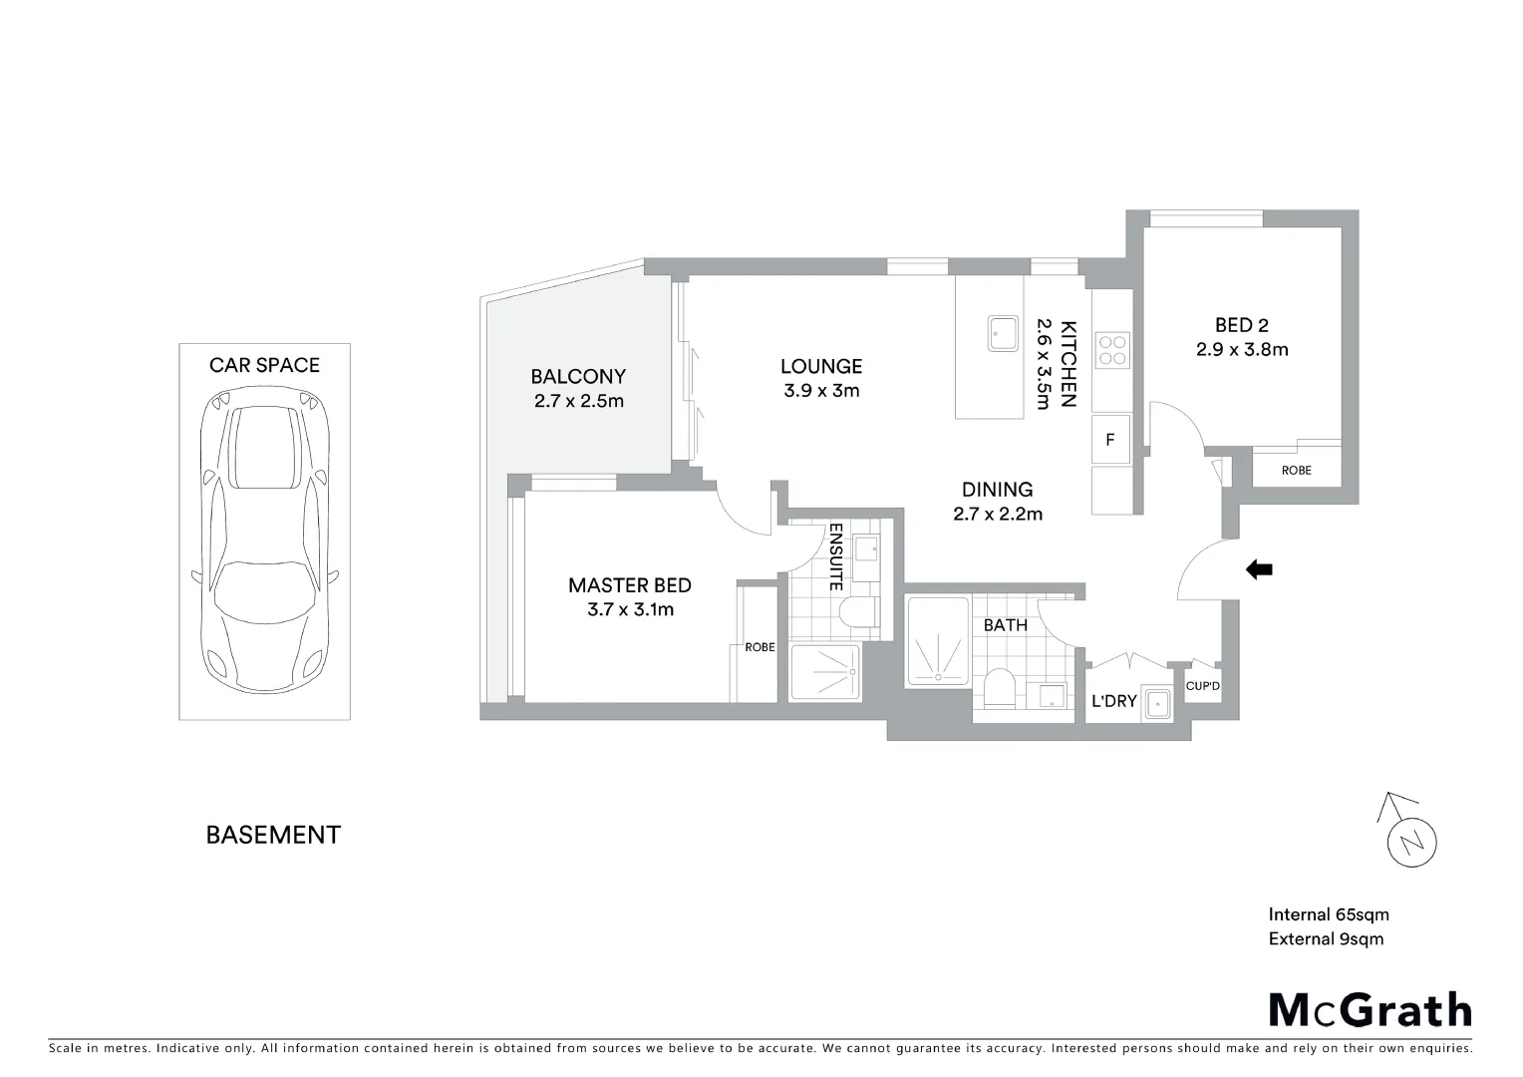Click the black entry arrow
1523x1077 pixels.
[1260, 569]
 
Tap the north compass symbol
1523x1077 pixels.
[1411, 840]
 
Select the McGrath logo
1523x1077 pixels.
[1370, 1009]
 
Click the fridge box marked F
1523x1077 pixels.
[1110, 440]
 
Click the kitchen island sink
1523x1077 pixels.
[1002, 333]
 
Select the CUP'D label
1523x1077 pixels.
[1203, 686]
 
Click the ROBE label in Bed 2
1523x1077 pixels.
[1296, 470]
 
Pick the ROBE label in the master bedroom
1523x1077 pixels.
[760, 647]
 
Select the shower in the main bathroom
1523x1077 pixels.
[937, 642]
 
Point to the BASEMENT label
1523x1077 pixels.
[273, 835]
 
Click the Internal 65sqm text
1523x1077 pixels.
[1328, 914]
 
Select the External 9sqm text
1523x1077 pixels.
[1326, 938]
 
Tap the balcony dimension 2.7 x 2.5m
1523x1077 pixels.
[578, 401]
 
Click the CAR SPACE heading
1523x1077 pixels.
[264, 365]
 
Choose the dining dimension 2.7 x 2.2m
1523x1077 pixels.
[997, 514]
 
